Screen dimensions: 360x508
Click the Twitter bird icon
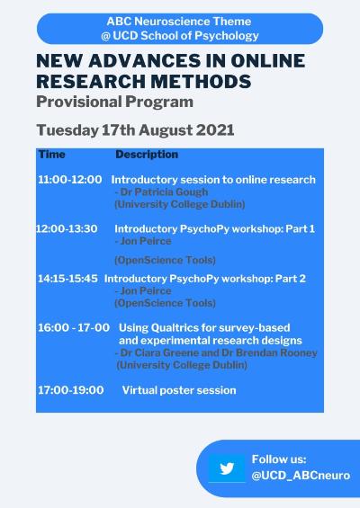click(x=227, y=468)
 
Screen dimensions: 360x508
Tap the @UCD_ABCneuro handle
click(x=301, y=476)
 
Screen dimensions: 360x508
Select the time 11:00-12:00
click(x=69, y=180)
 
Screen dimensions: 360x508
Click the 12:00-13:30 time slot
click(x=67, y=228)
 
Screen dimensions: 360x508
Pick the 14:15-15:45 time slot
click(x=67, y=279)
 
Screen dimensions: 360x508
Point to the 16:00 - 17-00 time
click(x=74, y=327)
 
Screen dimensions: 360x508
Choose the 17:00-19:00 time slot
click(x=71, y=390)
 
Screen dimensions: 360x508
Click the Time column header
click(x=52, y=155)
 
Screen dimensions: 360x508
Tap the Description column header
click(x=147, y=155)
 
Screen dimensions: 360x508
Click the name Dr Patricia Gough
click(x=164, y=192)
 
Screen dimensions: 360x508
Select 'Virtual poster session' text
click(x=179, y=390)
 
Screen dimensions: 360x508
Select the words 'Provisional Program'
click(x=115, y=102)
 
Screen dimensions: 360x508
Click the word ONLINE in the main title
click(x=268, y=61)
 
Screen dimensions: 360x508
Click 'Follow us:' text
click(x=279, y=459)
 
